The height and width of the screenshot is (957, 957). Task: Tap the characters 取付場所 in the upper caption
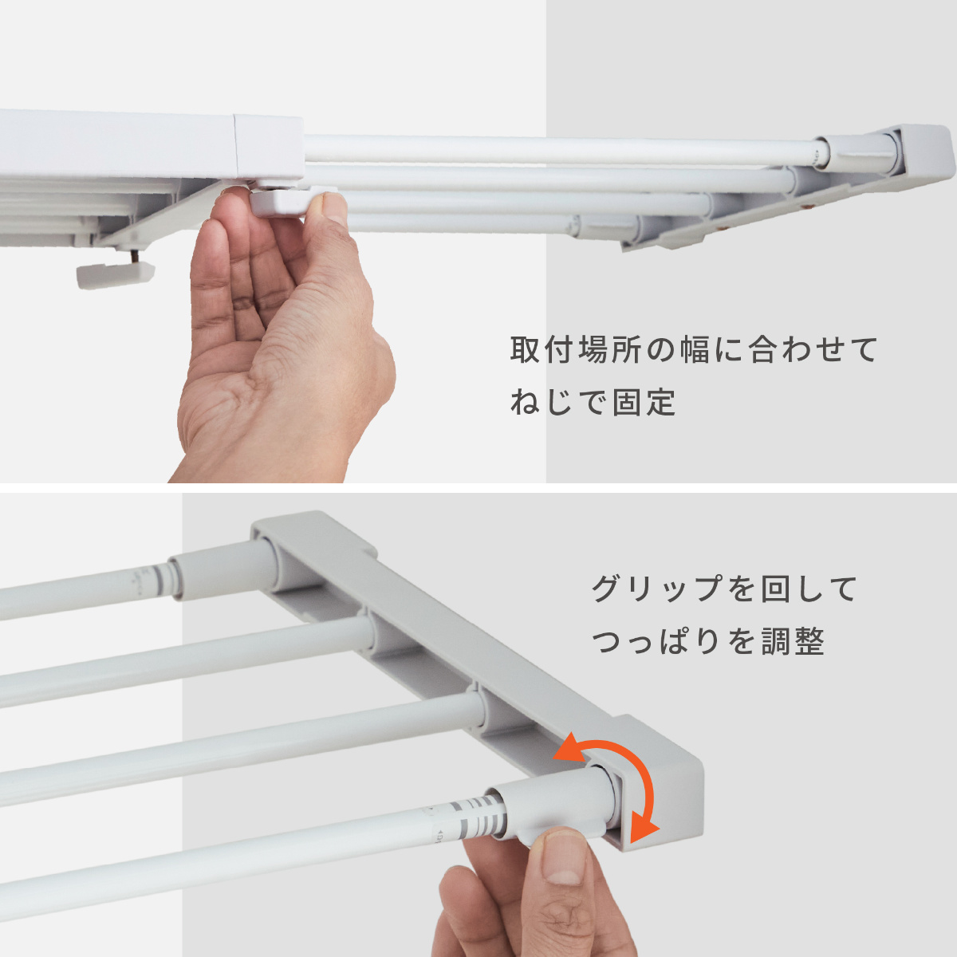point(576,349)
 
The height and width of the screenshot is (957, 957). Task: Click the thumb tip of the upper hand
point(334,207)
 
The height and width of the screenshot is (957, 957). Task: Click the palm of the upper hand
point(278,377)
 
